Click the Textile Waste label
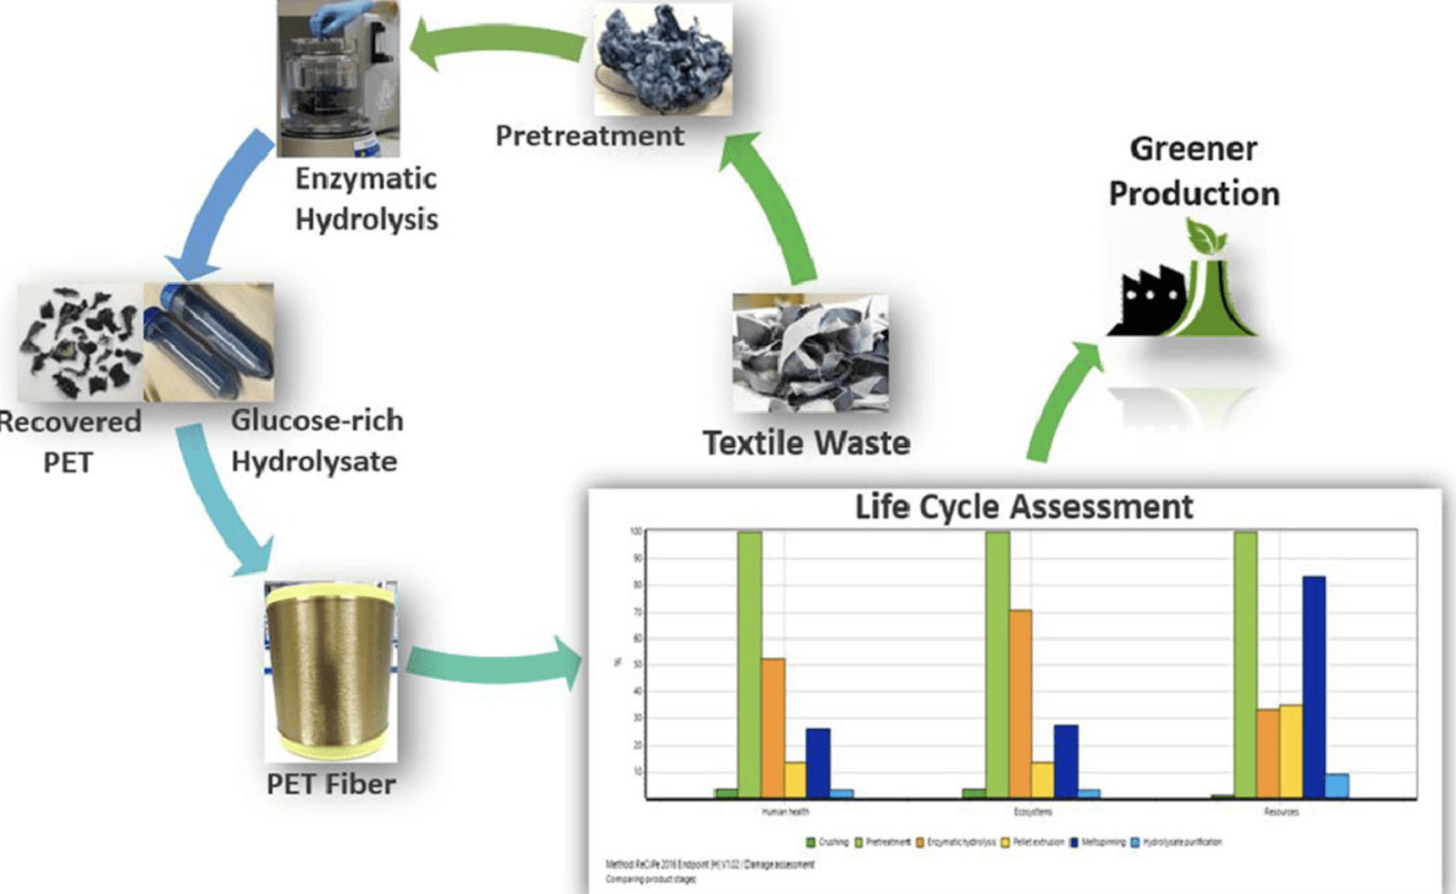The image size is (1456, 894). point(806,443)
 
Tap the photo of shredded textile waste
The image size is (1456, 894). point(810,353)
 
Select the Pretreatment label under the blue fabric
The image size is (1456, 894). point(590,136)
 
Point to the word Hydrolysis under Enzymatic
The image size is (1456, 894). point(367,219)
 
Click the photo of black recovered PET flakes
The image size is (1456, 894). point(80,343)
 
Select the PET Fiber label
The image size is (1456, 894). point(330,784)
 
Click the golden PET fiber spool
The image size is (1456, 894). point(329,672)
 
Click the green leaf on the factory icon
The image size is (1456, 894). point(1205,239)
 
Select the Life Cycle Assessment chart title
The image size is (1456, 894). point(1023,507)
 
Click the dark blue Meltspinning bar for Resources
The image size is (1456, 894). point(1313,687)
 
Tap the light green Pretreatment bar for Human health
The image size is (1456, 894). point(750,665)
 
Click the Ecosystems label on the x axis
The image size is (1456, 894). point(1032,811)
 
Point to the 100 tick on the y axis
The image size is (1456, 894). point(635,532)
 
